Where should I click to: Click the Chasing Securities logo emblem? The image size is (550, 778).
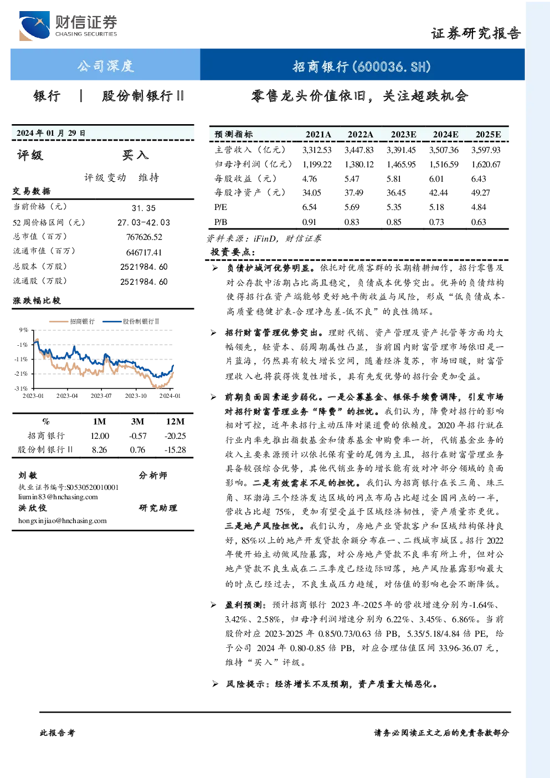34,25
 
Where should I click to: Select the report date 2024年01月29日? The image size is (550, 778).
51,133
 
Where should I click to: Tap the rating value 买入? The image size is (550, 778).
135,155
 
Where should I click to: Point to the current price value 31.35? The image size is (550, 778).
143,208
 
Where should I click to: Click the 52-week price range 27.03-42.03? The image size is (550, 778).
144,222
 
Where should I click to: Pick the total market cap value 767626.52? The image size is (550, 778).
144,237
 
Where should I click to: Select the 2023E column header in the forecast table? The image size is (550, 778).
403,135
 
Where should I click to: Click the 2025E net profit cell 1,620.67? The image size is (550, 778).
486,164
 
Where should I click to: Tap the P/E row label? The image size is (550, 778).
220,207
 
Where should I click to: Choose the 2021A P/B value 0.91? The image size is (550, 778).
309,222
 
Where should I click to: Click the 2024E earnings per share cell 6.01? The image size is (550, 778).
436,179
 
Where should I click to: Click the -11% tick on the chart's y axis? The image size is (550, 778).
21,359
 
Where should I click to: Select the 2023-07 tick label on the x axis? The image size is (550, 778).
101,396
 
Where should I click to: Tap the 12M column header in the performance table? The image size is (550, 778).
176,421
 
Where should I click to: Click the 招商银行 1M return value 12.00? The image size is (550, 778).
100,436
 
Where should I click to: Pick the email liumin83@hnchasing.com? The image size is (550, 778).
58,497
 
